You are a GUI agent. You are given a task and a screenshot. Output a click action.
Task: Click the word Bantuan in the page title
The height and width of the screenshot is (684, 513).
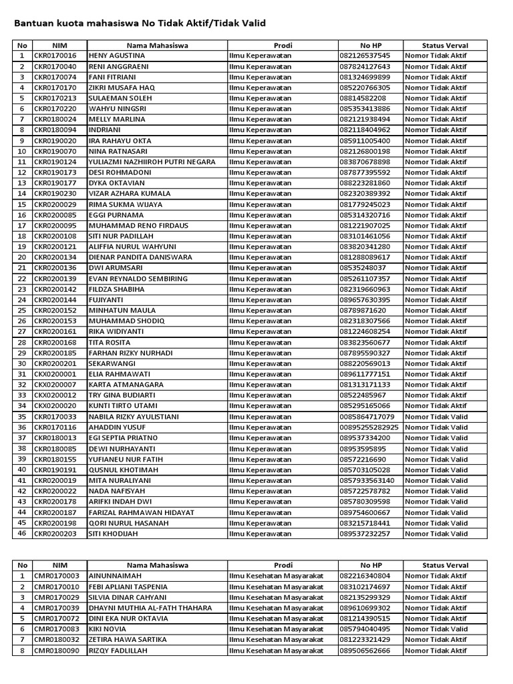(32, 23)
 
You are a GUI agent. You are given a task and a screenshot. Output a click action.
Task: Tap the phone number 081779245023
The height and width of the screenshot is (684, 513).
(365, 204)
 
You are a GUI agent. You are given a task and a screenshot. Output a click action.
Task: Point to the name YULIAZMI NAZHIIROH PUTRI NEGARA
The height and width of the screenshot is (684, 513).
(152, 162)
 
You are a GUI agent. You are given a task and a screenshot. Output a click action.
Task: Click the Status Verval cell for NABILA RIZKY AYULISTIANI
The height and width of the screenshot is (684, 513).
(436, 417)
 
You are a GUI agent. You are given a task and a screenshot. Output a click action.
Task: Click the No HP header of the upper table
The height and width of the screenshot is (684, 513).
(370, 45)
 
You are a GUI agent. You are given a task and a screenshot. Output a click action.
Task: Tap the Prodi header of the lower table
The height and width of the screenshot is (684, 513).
(283, 565)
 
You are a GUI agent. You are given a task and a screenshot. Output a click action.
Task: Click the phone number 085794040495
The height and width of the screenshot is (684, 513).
(365, 629)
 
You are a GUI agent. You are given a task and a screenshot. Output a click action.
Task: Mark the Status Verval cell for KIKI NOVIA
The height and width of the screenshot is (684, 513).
(436, 629)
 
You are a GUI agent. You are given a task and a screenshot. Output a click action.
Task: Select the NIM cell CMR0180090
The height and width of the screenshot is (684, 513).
(56, 650)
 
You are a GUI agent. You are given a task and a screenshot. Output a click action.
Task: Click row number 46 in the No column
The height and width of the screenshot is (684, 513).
(22, 534)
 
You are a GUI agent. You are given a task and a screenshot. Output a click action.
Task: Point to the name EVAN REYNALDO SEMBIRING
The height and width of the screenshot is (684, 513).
(138, 279)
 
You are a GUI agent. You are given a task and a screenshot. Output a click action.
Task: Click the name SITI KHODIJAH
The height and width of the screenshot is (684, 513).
(112, 534)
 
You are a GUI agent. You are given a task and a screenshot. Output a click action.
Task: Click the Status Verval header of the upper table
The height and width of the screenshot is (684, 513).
(445, 45)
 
